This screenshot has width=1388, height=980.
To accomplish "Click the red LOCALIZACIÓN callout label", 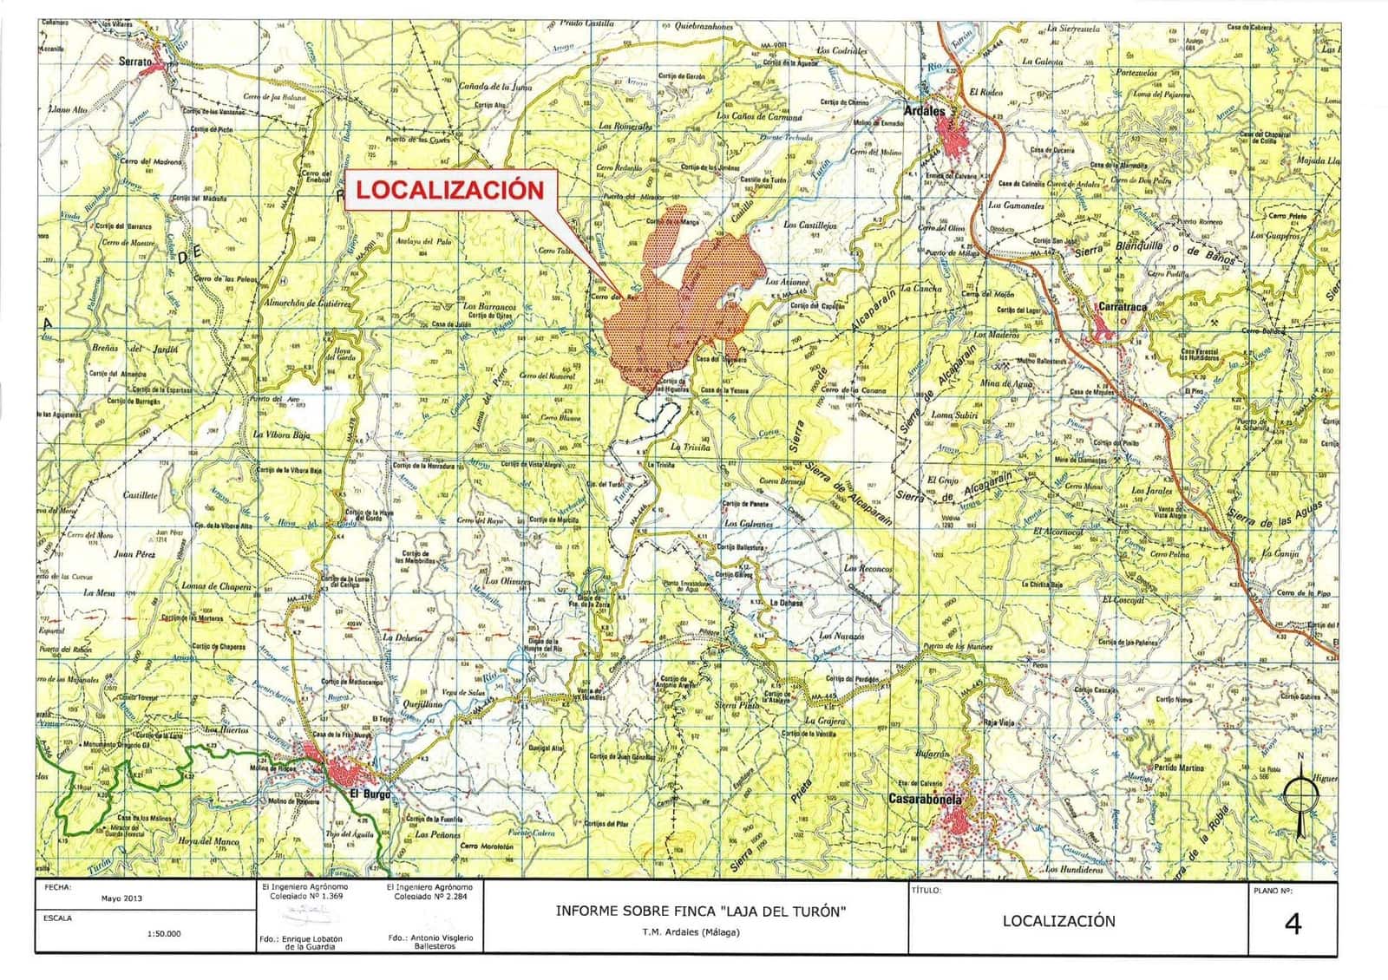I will [x=451, y=190].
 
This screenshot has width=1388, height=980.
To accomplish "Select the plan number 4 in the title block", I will [x=1293, y=924].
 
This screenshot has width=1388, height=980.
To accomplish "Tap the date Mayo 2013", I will [x=121, y=898].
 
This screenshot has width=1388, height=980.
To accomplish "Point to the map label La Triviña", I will [x=690, y=448].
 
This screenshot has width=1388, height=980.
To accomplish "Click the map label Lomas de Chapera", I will [x=215, y=586].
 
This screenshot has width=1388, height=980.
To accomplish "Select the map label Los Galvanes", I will [x=750, y=524].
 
